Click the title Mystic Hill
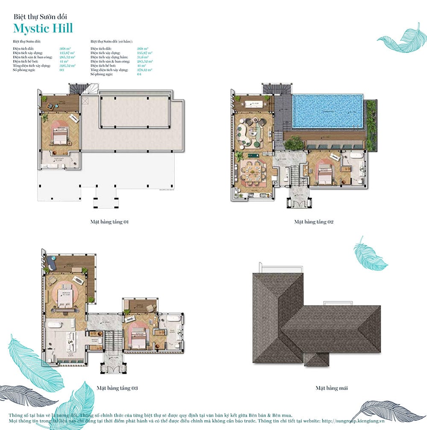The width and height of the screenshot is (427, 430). (43, 28)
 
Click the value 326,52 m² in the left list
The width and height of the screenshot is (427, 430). (67, 66)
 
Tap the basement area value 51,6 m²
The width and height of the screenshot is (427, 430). (143, 57)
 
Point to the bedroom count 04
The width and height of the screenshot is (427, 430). (139, 74)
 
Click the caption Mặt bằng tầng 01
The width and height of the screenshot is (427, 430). (109, 222)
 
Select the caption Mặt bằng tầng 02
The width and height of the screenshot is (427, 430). (313, 222)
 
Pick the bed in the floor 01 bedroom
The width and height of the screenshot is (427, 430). (59, 136)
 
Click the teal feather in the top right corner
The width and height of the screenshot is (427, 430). (402, 39)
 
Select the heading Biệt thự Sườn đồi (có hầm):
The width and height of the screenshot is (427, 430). (111, 41)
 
